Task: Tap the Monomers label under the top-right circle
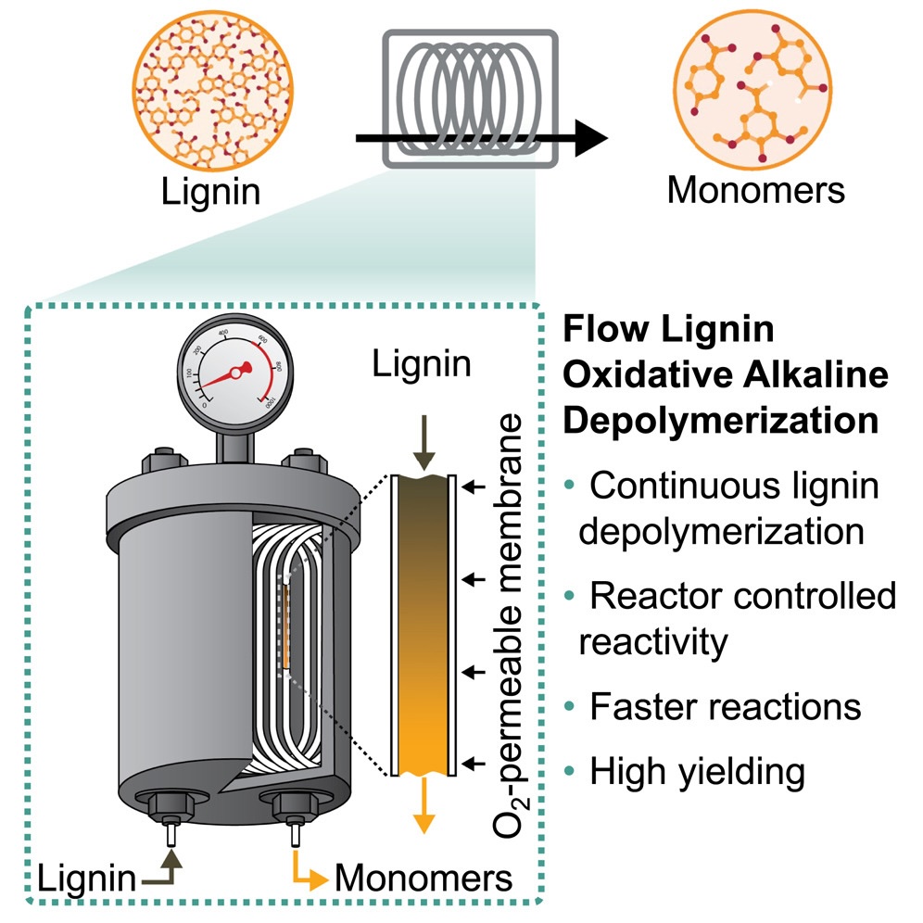(756, 190)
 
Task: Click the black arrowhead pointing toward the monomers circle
(591, 138)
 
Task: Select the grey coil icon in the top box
(470, 98)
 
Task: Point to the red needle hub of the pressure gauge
(236, 373)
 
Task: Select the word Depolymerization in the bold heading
(721, 422)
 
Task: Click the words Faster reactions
(726, 706)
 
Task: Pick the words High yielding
(698, 772)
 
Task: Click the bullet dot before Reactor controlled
(569, 596)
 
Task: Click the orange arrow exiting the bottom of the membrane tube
(424, 804)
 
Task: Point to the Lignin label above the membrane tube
(422, 364)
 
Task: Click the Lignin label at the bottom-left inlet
(86, 879)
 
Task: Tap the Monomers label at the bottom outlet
(424, 879)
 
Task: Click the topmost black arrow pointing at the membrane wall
(474, 487)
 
